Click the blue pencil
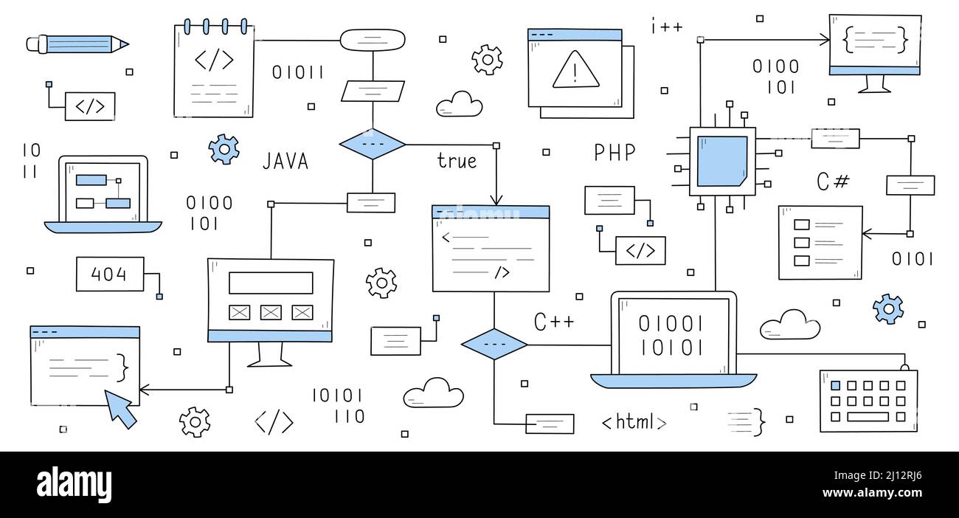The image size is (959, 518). coord(77,44)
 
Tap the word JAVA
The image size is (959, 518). coord(285,161)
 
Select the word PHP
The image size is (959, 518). coord(614,153)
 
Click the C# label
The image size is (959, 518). coord(833,182)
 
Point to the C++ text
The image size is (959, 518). coord(554,322)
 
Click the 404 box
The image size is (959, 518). coord(109,274)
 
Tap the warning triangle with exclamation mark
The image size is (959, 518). coord(576,71)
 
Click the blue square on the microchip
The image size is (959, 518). coord(721,161)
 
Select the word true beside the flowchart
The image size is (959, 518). coord(457,161)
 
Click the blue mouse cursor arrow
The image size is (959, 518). coord(120,407)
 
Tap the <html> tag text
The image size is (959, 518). coord(634,422)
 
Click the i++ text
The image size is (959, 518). coord(666,27)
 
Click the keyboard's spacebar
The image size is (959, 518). coord(868,417)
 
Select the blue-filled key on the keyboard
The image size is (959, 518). coord(835,385)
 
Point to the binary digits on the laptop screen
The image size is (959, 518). coord(671,335)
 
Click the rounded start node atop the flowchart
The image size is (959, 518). coord(373,39)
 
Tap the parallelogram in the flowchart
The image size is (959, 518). coord(373,91)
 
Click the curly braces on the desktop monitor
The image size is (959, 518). coord(874,39)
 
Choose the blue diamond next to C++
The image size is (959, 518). coord(494,345)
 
